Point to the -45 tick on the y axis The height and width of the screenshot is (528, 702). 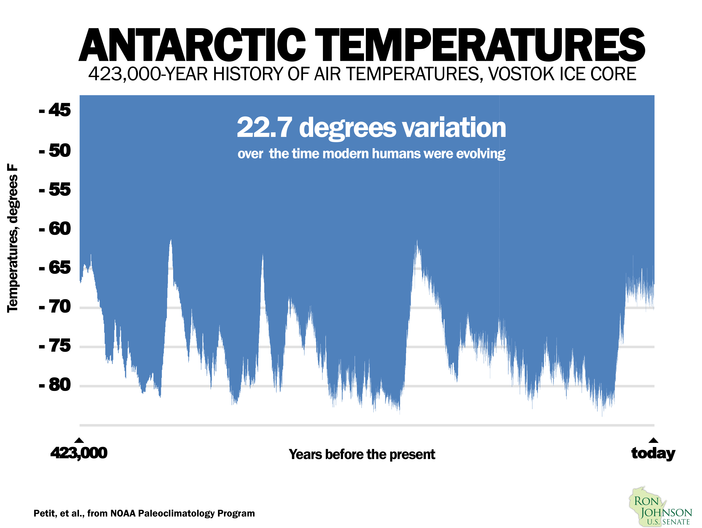(x=55, y=111)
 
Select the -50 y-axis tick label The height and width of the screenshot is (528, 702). (x=55, y=151)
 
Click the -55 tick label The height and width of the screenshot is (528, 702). (x=55, y=190)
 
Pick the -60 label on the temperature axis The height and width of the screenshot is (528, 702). (x=55, y=229)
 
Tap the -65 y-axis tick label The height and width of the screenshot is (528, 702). (x=55, y=268)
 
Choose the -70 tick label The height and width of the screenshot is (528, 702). (x=55, y=307)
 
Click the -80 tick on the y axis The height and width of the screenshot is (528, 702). (x=55, y=385)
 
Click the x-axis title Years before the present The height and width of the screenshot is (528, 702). (x=362, y=454)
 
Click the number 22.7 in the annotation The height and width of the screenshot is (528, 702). (x=264, y=127)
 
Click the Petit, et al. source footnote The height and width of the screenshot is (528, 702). (x=144, y=513)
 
